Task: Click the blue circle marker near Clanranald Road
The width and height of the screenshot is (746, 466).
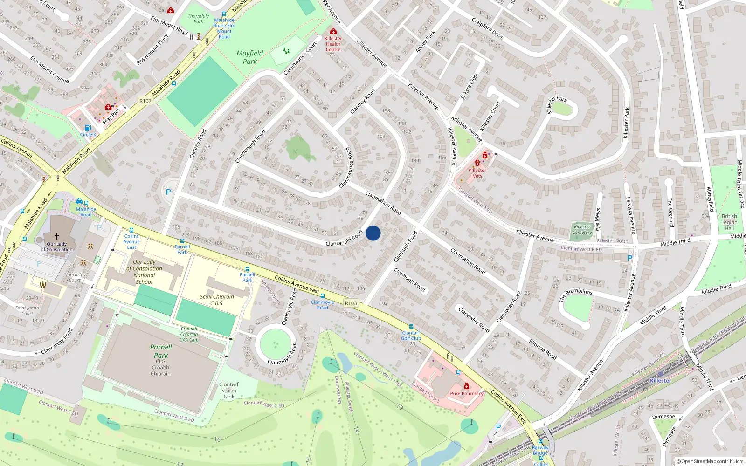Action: (x=373, y=233)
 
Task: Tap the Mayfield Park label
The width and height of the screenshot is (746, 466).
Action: (x=250, y=57)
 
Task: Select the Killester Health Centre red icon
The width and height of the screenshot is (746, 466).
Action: (x=333, y=31)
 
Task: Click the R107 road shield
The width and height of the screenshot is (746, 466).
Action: (x=145, y=101)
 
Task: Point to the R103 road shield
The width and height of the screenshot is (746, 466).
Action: (x=351, y=303)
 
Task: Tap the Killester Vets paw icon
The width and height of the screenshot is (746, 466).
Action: (x=477, y=163)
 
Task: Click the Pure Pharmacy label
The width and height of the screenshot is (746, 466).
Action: (x=467, y=394)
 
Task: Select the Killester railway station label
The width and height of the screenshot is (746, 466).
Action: (x=661, y=381)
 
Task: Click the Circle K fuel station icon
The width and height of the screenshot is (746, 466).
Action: (x=88, y=128)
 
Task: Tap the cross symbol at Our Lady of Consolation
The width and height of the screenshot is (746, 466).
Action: (x=57, y=236)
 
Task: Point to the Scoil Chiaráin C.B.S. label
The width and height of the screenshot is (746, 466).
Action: (x=217, y=300)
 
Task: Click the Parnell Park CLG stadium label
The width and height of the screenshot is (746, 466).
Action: (x=161, y=360)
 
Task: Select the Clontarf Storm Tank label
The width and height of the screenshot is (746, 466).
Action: (x=228, y=391)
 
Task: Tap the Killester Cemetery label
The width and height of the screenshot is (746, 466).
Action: (x=582, y=230)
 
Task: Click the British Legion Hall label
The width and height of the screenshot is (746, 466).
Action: (x=729, y=222)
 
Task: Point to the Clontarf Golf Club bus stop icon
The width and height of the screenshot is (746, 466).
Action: (x=411, y=327)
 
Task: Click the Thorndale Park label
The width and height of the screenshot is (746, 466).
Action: (x=198, y=19)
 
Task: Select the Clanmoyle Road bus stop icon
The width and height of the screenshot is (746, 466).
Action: (x=323, y=296)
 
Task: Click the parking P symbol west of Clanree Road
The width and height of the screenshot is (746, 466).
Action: (x=168, y=192)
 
